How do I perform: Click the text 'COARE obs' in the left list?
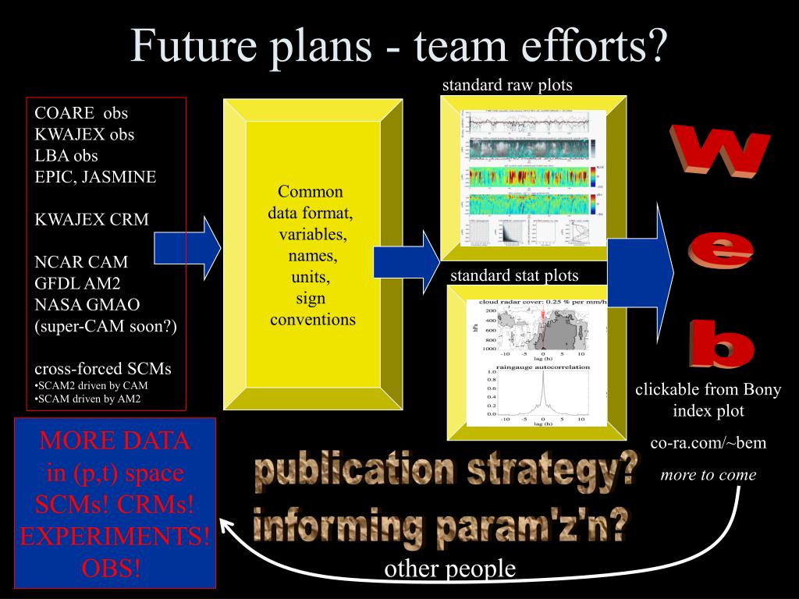click(x=80, y=113)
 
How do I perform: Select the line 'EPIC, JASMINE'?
click(x=95, y=177)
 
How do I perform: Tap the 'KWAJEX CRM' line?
click(x=91, y=219)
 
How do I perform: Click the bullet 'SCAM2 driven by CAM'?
click(x=91, y=385)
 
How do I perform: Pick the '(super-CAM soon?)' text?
click(x=105, y=326)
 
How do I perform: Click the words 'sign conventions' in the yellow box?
click(x=312, y=309)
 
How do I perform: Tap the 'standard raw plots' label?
click(x=507, y=85)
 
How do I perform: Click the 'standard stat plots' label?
click(x=514, y=275)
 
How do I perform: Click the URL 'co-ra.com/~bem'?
click(x=708, y=443)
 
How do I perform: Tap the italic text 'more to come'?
click(x=708, y=474)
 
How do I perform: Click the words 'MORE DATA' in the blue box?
click(x=115, y=441)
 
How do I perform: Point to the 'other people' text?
click(x=450, y=569)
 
